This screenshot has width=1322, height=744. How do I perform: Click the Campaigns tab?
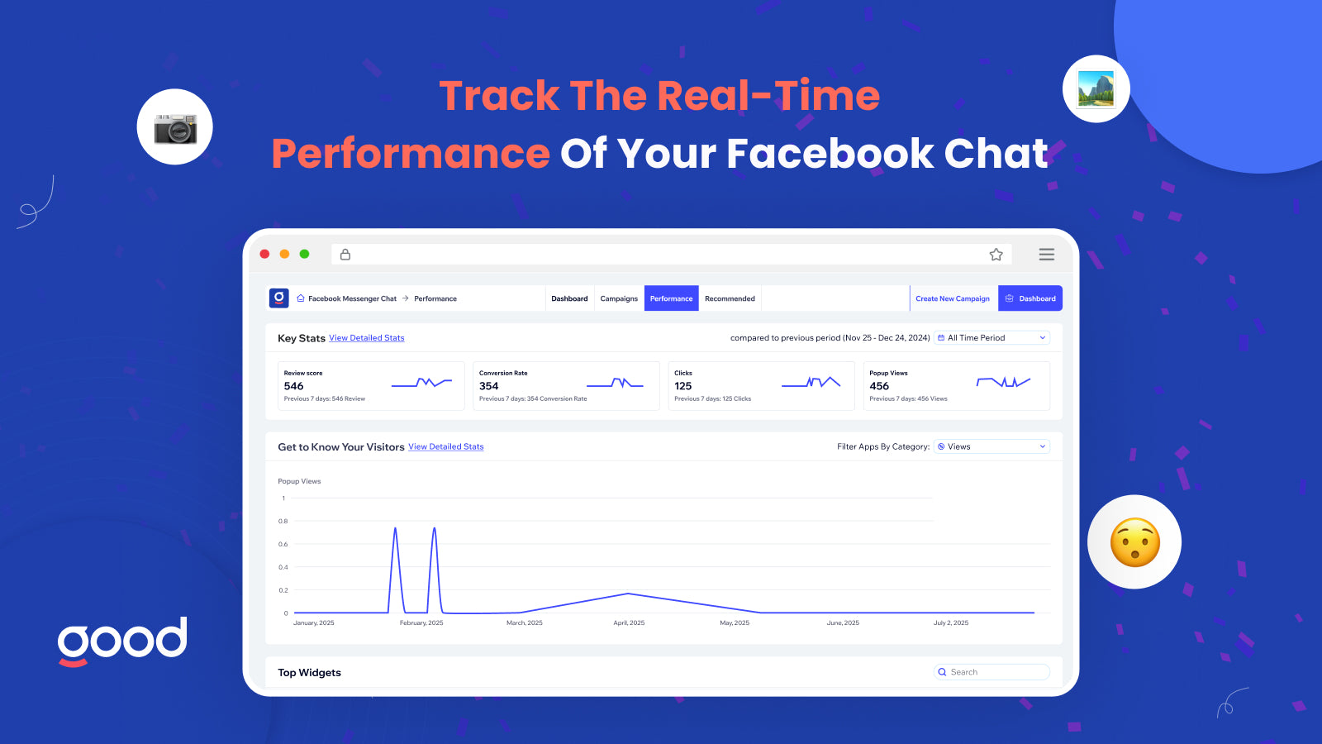point(619,298)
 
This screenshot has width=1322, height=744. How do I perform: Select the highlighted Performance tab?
point(671,298)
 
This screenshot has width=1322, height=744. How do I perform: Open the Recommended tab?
point(730,298)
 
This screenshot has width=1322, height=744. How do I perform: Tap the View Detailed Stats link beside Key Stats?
point(367,338)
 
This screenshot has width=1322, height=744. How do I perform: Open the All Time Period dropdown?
point(991,338)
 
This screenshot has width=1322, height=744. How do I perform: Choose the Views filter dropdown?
point(991,446)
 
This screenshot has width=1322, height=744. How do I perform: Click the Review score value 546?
point(293,385)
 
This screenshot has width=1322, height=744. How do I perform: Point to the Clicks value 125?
point(682,385)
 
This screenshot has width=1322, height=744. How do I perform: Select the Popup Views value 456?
point(879,385)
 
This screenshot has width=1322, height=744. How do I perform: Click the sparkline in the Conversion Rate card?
point(615,384)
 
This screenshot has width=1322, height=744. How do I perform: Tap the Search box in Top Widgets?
point(991,672)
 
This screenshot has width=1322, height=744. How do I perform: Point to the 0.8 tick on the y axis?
point(283,521)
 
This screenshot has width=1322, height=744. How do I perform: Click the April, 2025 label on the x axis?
point(629,622)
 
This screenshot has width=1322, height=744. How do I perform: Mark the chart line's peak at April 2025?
point(628,594)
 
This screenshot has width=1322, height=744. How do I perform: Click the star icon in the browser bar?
point(996,255)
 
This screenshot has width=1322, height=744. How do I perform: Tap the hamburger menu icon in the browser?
point(1046,255)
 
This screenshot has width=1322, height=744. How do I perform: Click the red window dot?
point(264,254)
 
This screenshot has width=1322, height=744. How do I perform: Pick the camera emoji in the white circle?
point(175,128)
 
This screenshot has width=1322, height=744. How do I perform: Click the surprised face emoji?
point(1135,542)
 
